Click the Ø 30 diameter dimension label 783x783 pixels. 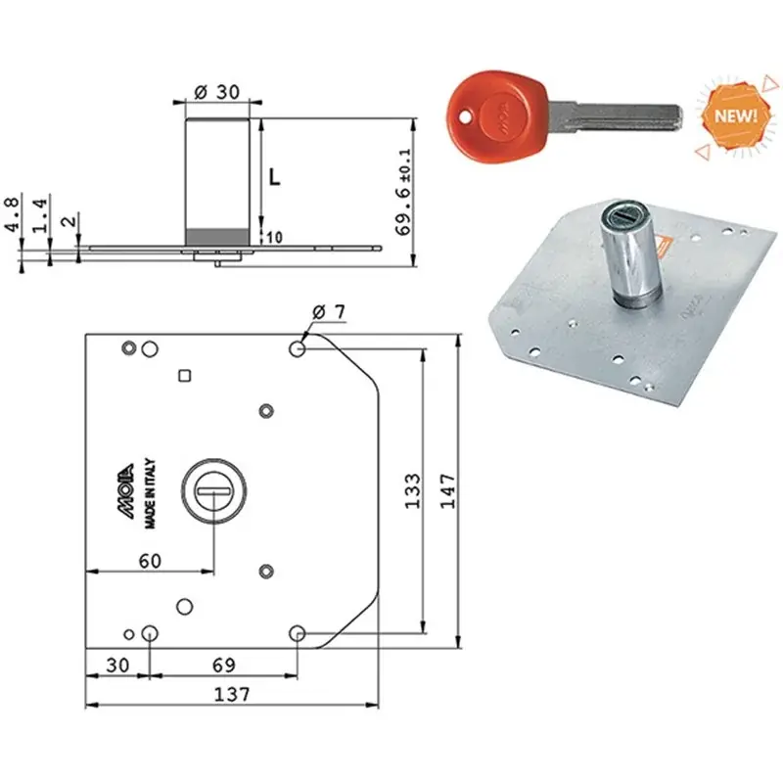coord(216,92)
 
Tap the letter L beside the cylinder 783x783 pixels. coord(275,177)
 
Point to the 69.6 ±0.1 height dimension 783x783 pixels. coord(403,192)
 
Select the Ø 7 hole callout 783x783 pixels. coord(329,312)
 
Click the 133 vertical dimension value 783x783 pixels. coord(412,491)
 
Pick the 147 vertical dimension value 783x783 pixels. coord(447,491)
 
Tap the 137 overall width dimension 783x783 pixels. coord(232,694)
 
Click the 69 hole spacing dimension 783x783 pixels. coord(224,666)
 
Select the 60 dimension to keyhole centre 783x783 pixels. coord(150,561)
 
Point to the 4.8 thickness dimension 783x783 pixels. coord(12,213)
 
